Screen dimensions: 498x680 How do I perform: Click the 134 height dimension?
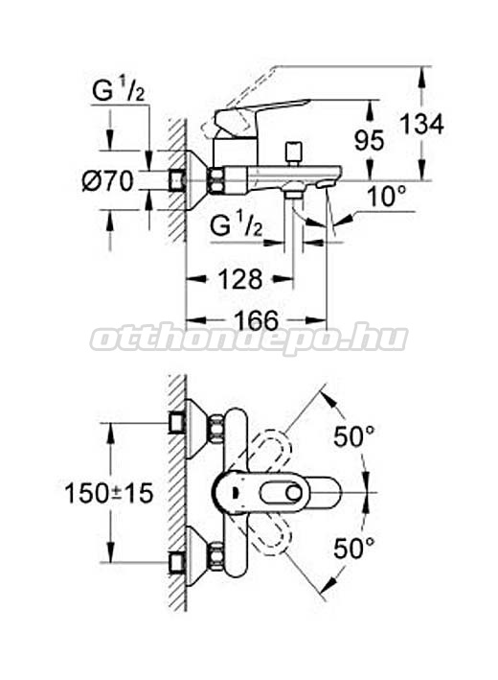[421, 125]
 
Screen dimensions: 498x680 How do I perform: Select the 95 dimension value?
[369, 141]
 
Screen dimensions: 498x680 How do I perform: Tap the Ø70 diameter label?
[108, 180]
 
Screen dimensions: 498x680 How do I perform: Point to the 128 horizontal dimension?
[240, 279]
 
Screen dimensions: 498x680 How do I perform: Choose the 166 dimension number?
[257, 321]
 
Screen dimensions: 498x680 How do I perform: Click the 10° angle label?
[387, 197]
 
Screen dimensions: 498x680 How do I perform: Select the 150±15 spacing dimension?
[108, 494]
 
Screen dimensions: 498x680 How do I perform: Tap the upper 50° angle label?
[353, 435]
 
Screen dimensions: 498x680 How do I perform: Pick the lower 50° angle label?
[353, 549]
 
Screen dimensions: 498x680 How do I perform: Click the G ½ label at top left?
[118, 91]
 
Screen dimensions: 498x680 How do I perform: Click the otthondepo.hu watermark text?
[249, 339]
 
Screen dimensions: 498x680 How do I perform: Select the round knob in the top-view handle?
[294, 493]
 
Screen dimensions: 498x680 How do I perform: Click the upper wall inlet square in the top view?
[176, 422]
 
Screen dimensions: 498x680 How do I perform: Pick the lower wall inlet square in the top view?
[176, 563]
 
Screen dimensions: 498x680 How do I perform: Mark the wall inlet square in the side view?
[176, 180]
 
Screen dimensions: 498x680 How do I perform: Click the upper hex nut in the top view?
[216, 429]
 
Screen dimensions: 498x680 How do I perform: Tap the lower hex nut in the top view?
[216, 556]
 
